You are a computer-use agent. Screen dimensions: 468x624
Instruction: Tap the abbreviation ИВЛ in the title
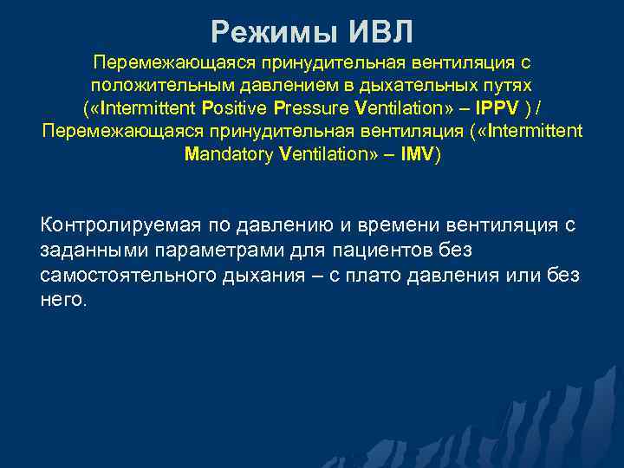[x=380, y=32]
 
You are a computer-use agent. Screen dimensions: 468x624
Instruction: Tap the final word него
[x=63, y=299]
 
